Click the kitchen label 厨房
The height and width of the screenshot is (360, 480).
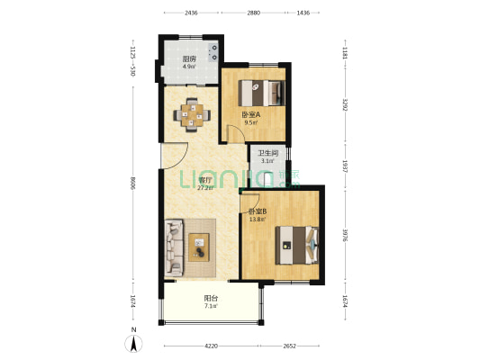(189, 58)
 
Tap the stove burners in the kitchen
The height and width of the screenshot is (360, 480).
(213, 52)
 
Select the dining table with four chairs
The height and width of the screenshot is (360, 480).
(192, 115)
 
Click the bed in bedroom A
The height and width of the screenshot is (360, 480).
(262, 93)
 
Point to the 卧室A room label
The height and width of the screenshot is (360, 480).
(251, 115)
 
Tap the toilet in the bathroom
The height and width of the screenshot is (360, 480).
(268, 179)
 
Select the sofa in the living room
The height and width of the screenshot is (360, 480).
(174, 247)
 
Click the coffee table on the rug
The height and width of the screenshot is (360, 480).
(199, 247)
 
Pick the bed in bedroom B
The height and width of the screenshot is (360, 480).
(297, 246)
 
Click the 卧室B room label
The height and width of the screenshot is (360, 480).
(258, 211)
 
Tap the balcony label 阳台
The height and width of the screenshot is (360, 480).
(211, 298)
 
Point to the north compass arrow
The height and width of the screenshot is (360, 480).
(133, 344)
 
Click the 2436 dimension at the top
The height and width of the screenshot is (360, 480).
(191, 13)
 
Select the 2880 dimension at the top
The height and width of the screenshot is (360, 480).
(253, 13)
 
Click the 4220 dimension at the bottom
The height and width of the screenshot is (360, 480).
(212, 346)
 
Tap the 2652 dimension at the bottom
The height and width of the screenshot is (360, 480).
(290, 346)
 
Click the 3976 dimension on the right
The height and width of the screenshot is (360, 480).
(345, 235)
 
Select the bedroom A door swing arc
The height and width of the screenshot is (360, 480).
(240, 131)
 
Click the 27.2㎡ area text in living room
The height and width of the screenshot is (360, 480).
(205, 187)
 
